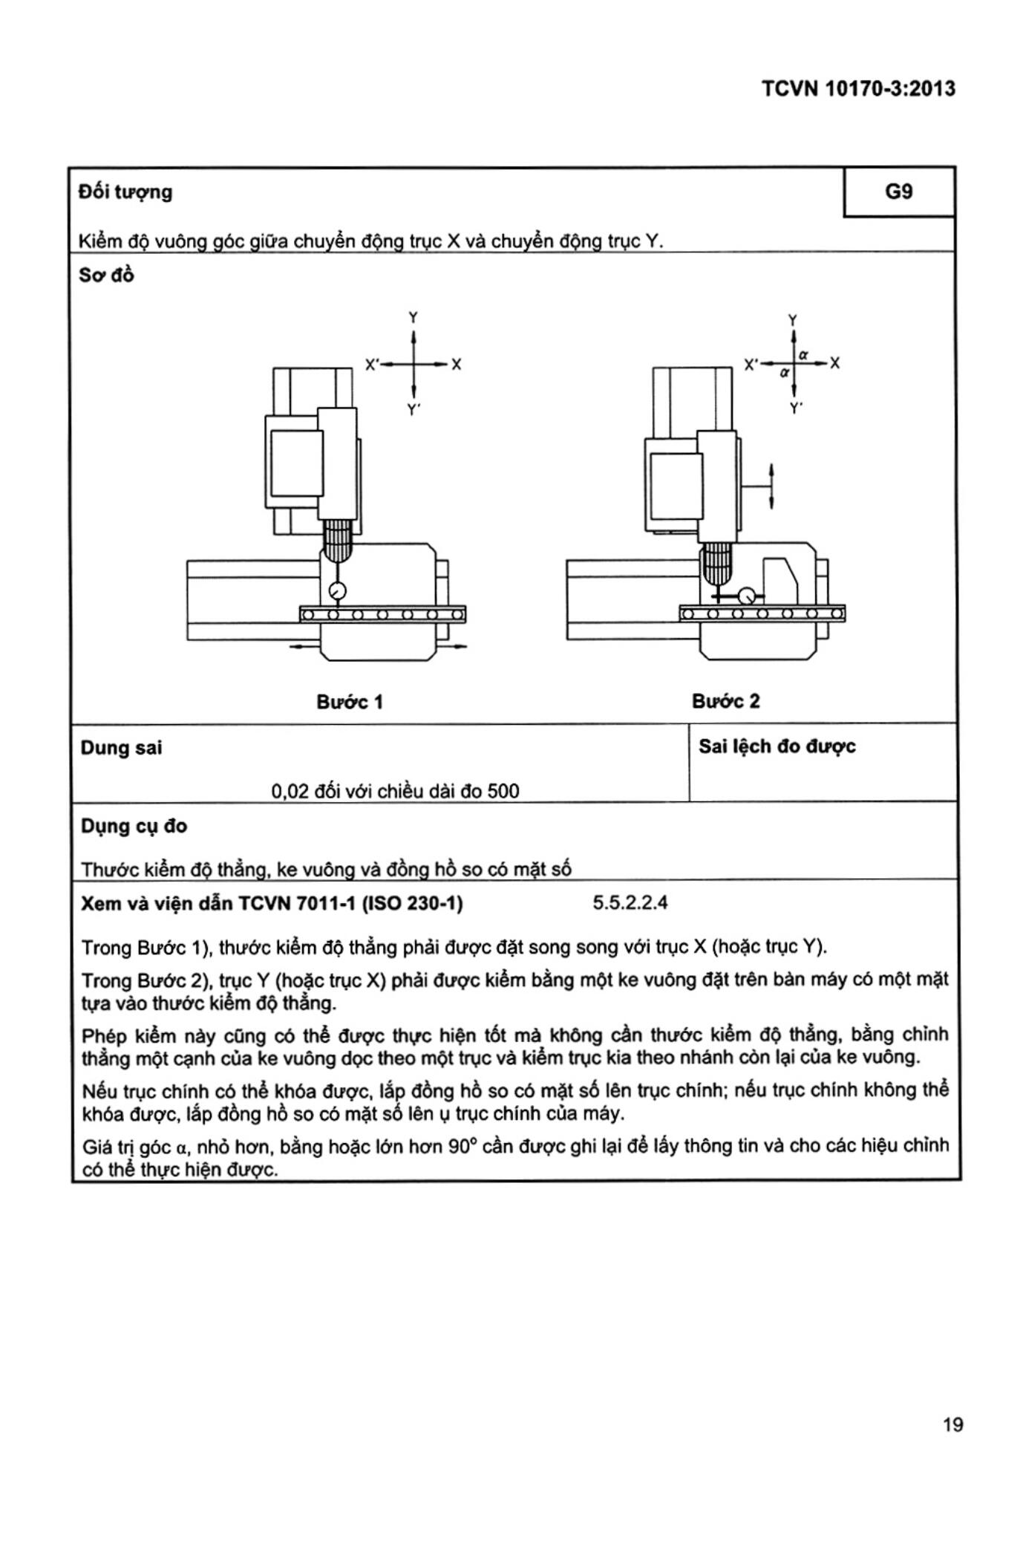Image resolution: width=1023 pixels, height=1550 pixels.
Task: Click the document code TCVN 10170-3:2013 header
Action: pos(858,89)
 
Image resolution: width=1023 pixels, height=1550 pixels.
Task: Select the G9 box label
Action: pos(898,192)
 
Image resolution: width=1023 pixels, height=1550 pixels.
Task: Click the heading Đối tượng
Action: pos(125,192)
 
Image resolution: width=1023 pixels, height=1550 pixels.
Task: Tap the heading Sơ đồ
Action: pos(106,276)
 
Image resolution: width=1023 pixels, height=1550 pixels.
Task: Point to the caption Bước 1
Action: pos(350,702)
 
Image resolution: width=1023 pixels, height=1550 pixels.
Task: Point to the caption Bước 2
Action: pos(725,701)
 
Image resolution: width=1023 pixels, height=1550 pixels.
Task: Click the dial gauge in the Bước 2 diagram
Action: pos(747,596)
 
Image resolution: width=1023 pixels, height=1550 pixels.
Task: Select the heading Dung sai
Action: pos(121,748)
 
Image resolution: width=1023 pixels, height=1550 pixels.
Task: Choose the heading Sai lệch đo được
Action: pos(777,746)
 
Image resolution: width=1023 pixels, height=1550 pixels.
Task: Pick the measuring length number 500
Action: pos(503,791)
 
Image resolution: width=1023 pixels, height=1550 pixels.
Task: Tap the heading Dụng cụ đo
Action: pos(134,826)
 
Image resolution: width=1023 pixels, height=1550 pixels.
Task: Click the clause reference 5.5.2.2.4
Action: pos(630,903)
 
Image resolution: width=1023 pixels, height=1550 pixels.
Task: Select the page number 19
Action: pos(952,1424)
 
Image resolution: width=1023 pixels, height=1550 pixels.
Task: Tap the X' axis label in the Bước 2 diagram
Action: pos(752,365)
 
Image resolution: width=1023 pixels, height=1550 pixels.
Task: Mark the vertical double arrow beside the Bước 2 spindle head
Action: pos(772,486)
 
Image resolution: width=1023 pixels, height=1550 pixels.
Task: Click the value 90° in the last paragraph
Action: pos(463,1146)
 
